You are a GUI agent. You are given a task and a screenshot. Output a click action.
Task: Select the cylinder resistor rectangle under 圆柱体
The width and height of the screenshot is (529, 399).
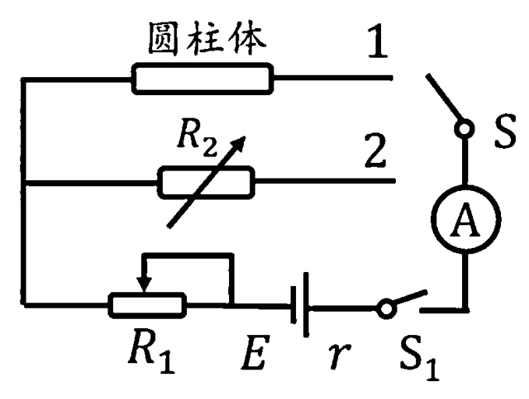(203, 79)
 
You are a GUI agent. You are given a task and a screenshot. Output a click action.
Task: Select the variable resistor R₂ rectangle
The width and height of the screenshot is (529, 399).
(206, 184)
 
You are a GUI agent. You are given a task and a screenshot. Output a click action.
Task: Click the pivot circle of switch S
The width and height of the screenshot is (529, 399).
(465, 129)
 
